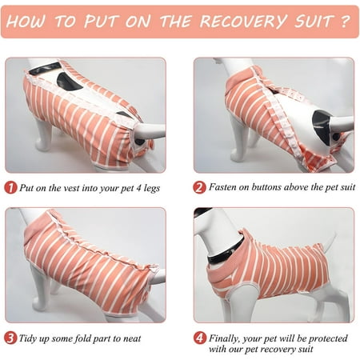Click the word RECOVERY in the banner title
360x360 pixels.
point(244,21)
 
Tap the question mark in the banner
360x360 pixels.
point(345,21)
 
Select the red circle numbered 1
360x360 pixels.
point(10,188)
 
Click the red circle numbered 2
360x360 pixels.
point(199,187)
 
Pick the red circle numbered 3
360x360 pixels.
point(10,338)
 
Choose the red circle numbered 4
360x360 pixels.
point(199,338)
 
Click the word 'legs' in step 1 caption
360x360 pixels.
point(151,188)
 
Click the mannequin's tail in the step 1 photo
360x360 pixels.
point(150,131)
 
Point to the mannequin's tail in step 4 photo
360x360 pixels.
point(330,242)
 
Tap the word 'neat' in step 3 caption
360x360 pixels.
point(132,338)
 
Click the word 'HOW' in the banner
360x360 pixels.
point(26,21)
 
